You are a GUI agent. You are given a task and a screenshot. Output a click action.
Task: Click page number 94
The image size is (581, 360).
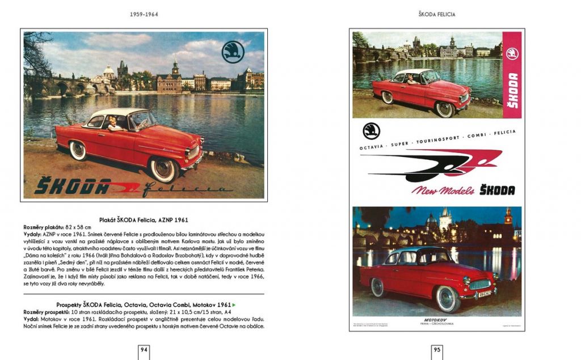point(144,350)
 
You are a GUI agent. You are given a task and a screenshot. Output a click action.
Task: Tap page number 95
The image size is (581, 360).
point(437,350)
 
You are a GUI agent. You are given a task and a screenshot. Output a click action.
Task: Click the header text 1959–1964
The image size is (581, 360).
point(144,14)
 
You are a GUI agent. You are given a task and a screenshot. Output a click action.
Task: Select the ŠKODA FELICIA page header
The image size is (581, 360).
point(437,14)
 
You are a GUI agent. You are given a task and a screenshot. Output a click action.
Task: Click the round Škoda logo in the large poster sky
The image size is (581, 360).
point(233,52)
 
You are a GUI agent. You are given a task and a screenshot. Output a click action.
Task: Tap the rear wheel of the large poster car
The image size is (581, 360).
point(77,150)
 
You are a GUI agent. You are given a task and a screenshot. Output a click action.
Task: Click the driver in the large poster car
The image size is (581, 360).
point(112,123)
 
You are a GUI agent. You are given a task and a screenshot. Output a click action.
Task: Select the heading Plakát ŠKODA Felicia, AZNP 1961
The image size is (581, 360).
point(144,219)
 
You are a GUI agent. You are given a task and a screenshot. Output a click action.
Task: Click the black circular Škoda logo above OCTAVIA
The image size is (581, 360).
point(371,131)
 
